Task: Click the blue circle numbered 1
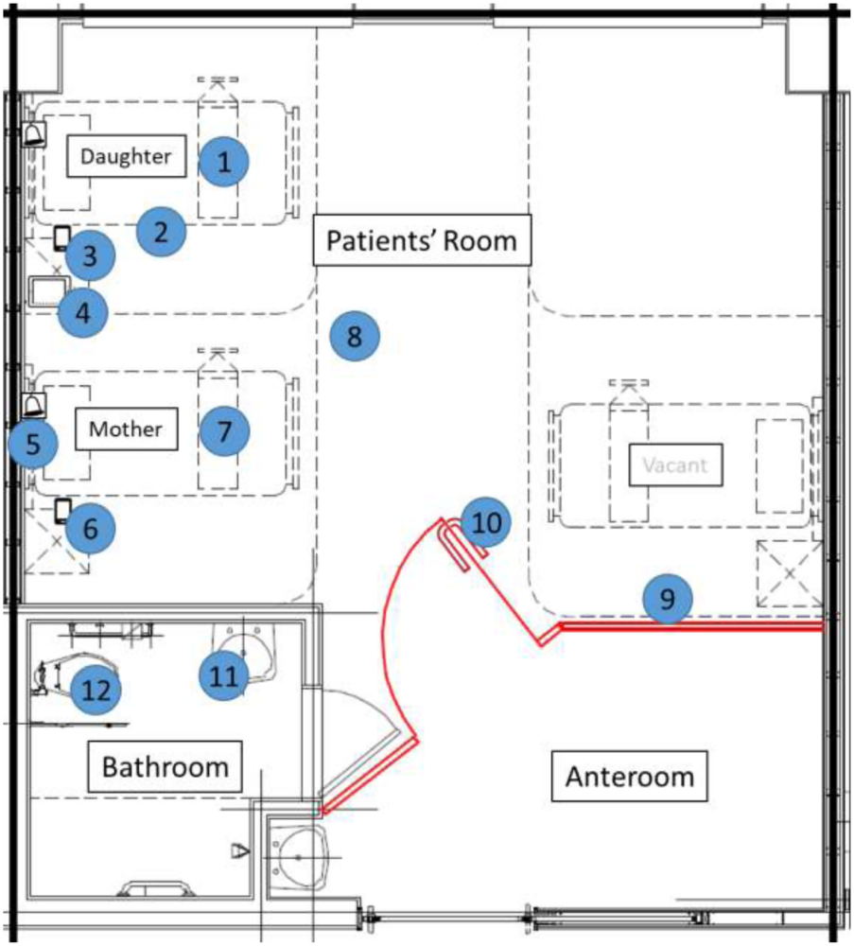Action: coord(224,162)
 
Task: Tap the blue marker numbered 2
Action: coord(161,232)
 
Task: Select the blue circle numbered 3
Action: coord(90,255)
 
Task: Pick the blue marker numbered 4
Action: coord(83,313)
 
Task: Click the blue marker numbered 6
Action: coord(90,529)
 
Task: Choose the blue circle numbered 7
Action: coord(224,431)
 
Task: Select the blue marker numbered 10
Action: coord(486,522)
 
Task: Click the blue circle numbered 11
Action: coord(223,675)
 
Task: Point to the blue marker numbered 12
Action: coord(97,690)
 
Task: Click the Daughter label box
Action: coord(126,156)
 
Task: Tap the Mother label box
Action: coord(126,429)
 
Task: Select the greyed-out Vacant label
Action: coord(674,465)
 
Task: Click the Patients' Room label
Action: coord(422,241)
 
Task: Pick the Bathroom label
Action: coord(166,765)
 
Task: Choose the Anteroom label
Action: coord(629,777)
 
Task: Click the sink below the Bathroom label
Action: coord(296,856)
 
